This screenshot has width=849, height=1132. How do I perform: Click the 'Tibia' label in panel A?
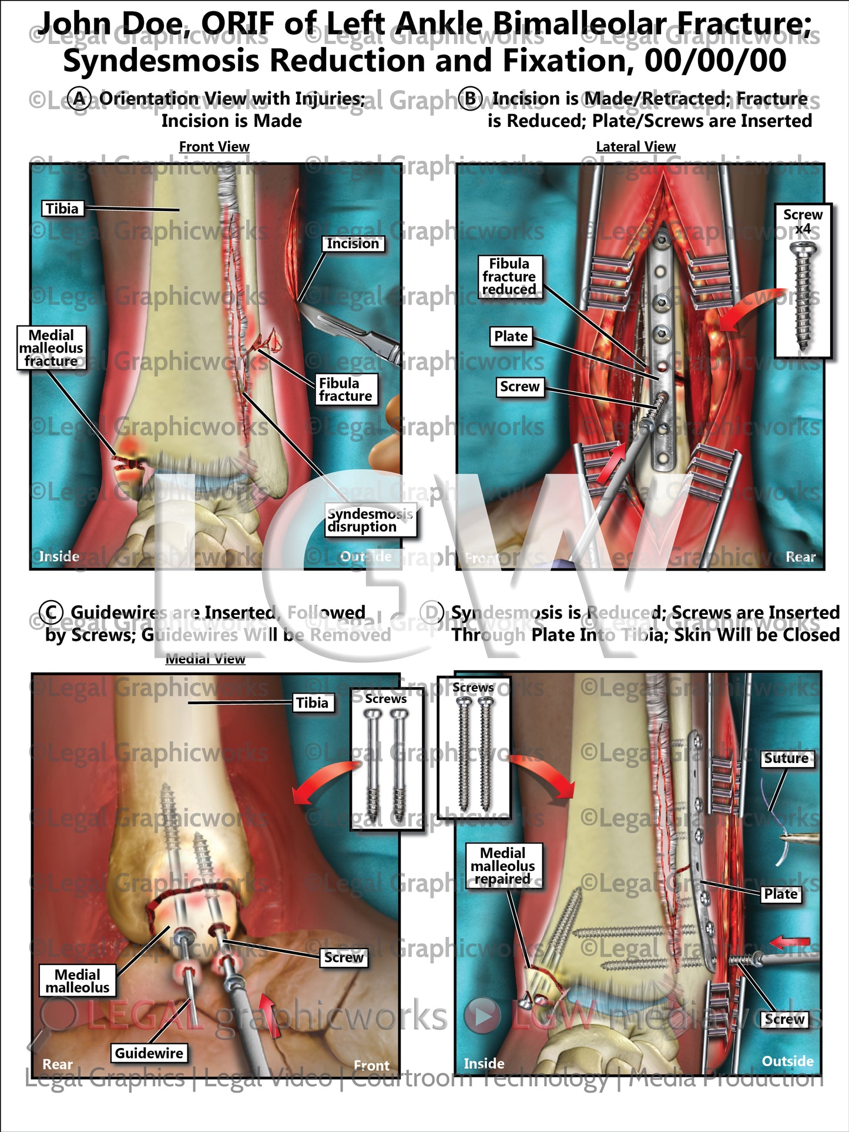click(62, 209)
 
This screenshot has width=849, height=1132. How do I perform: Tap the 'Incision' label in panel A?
click(353, 243)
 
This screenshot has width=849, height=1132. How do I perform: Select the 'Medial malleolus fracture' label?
click(51, 348)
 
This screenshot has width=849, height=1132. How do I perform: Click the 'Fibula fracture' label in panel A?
click(345, 390)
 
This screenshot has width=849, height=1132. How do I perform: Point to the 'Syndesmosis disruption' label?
click(370, 520)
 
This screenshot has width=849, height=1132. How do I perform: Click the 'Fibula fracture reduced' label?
click(509, 276)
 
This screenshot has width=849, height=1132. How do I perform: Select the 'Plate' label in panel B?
click(511, 336)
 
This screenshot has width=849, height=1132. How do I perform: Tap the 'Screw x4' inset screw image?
click(803, 297)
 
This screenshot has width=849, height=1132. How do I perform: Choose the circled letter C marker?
click(51, 612)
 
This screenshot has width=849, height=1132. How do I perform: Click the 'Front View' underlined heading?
click(214, 147)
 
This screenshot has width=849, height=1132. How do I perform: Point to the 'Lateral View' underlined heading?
click(636, 147)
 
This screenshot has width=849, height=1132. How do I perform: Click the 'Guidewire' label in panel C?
click(149, 1053)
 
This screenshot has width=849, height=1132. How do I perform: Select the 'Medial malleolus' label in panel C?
click(78, 981)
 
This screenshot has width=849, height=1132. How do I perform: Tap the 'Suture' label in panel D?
click(786, 758)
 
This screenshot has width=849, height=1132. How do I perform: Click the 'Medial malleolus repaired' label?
click(503, 866)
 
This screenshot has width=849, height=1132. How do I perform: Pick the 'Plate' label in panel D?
click(780, 894)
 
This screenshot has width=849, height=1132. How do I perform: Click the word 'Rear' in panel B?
click(800, 557)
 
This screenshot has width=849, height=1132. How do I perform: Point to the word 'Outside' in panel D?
click(787, 1061)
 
